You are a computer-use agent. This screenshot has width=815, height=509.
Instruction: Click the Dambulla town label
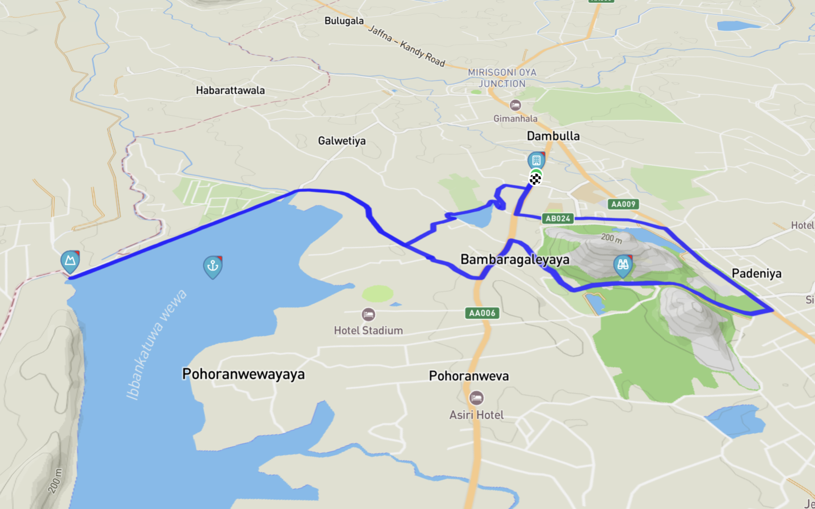click(553, 136)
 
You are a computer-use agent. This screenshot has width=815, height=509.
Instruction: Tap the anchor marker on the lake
click(212, 266)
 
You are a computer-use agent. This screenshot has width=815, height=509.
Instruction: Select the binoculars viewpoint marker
click(623, 265)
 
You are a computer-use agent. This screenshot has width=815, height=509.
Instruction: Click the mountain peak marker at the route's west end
click(70, 261)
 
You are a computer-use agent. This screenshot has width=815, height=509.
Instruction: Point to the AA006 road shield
click(482, 313)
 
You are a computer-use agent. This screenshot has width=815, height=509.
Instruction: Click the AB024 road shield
click(557, 219)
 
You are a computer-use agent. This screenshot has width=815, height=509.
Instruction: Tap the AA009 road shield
click(623, 204)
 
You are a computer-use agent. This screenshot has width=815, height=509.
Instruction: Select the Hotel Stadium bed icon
click(368, 314)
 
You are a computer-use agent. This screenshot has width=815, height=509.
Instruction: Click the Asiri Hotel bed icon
click(476, 398)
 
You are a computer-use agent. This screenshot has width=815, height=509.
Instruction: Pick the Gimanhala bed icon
click(515, 105)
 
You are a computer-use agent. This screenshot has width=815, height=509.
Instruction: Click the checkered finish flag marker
click(535, 179)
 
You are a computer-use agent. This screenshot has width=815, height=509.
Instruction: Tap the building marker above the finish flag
click(536, 160)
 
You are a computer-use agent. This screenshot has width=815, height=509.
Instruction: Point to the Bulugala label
click(344, 21)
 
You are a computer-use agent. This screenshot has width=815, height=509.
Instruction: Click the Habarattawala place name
click(230, 91)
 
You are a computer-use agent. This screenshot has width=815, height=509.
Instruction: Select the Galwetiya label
click(341, 141)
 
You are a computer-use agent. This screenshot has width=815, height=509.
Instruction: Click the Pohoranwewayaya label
click(243, 374)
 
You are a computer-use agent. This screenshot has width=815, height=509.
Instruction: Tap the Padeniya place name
click(756, 273)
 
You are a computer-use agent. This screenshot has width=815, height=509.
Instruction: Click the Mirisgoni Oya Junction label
click(502, 78)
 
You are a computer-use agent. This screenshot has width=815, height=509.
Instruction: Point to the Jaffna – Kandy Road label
click(406, 46)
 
